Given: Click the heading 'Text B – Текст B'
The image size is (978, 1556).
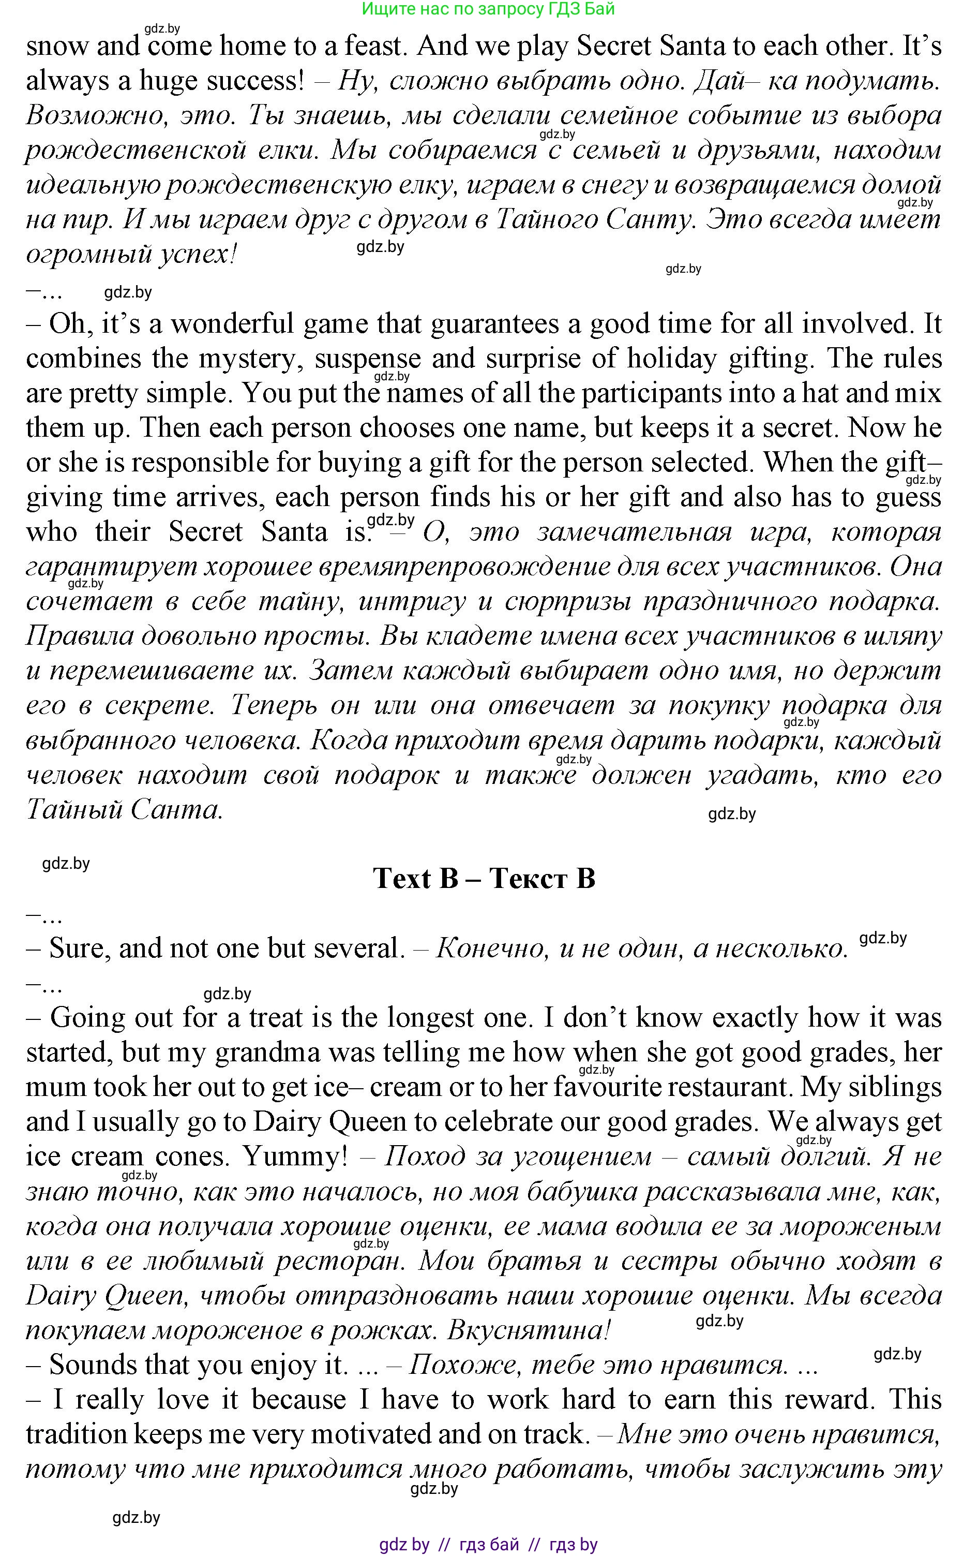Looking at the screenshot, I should click(484, 879).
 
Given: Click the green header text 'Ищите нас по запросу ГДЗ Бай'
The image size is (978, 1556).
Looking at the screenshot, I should click(488, 9).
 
